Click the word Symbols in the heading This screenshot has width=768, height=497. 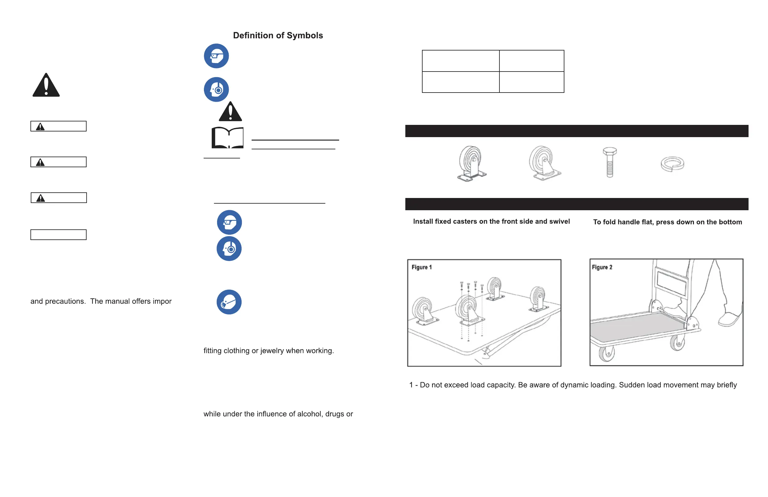tap(305, 35)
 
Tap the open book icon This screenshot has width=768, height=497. tap(227, 138)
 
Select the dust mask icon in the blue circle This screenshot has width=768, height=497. tap(229, 302)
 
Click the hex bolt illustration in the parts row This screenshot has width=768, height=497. tap(610, 162)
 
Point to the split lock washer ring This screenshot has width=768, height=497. tap(672, 164)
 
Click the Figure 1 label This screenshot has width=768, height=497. tap(421, 267)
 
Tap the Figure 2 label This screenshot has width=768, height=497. tap(602, 267)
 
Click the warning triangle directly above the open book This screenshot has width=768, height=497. tap(230, 112)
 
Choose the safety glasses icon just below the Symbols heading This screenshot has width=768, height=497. tap(216, 56)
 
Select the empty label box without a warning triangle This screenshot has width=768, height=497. tap(58, 235)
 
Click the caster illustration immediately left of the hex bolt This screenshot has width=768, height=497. tap(545, 163)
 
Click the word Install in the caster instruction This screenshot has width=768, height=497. tap(423, 222)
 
